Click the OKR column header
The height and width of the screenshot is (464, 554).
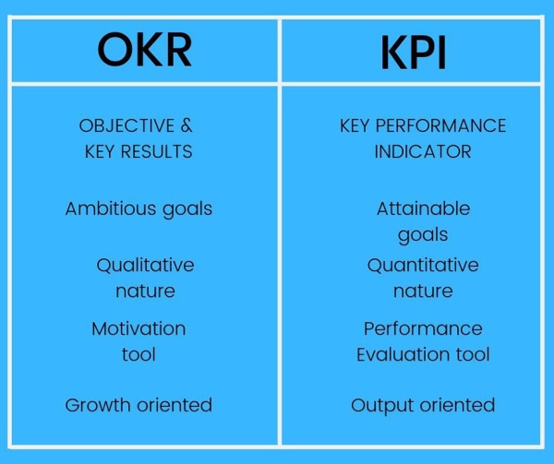point(145,50)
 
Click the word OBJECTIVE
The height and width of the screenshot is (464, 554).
point(126,125)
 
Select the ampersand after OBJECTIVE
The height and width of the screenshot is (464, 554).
point(187,125)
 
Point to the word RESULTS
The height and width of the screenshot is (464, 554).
point(157,151)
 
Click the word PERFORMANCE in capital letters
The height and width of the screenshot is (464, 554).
point(440,125)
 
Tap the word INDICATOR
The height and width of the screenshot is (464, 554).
point(423,151)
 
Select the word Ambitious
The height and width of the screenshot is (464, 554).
point(111,208)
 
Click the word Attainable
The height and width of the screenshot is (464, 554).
point(423,208)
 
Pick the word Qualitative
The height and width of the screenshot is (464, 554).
point(145,265)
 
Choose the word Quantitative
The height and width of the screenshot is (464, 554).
point(423,265)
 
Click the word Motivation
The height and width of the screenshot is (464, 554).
point(138,328)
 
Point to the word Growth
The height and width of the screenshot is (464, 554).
point(97,405)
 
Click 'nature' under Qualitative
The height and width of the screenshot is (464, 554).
point(145,291)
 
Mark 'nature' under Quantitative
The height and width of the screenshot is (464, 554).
point(423,291)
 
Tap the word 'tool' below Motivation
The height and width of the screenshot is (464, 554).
point(138,354)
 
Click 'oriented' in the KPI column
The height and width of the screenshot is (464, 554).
point(457,405)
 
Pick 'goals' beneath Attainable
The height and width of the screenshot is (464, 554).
point(423,235)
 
